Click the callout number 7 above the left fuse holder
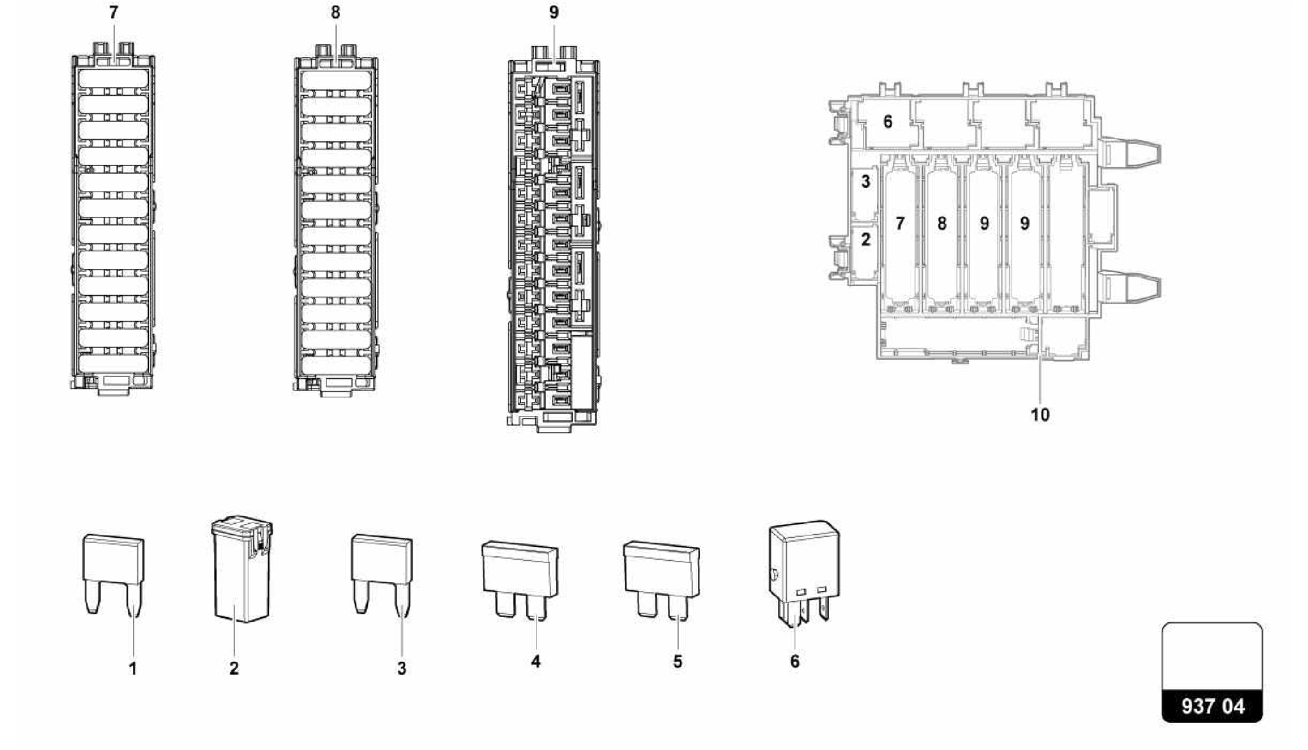coord(114,13)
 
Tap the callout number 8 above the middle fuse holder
coord(335,13)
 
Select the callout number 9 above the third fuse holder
coord(554,13)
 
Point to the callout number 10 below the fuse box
coord(1040,415)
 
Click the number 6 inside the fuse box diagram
coord(887,121)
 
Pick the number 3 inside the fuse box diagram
coord(865,182)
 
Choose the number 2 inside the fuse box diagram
coord(865,240)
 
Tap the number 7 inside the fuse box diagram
coord(900,224)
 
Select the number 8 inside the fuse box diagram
coord(942,224)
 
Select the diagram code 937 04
coord(1212,706)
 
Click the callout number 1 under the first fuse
coord(133,669)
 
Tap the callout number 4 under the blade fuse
coord(535,662)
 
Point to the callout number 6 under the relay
coord(795,662)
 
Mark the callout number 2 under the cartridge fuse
coord(234,669)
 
